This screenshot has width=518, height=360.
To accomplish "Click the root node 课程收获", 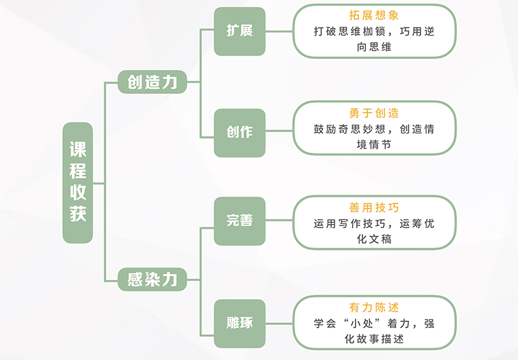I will (x=78, y=183).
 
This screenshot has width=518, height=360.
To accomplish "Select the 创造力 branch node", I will (x=152, y=82).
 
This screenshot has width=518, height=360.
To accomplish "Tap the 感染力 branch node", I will (x=152, y=279).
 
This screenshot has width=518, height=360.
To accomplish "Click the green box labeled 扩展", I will (x=240, y=31).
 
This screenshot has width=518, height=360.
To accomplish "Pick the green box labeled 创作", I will (x=240, y=132).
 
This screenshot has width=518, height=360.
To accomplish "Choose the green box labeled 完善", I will (x=240, y=221).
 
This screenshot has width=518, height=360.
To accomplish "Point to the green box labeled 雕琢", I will (x=240, y=322).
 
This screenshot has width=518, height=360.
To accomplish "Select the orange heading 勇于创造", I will (x=374, y=113).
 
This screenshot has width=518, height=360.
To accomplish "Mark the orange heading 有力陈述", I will (x=374, y=308).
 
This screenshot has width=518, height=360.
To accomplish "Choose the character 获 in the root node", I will (x=78, y=214).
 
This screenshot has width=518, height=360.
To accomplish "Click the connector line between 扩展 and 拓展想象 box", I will (x=279, y=31).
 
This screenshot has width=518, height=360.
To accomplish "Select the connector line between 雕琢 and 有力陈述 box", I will (x=279, y=322).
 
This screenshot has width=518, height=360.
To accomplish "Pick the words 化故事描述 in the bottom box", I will (x=374, y=339).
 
